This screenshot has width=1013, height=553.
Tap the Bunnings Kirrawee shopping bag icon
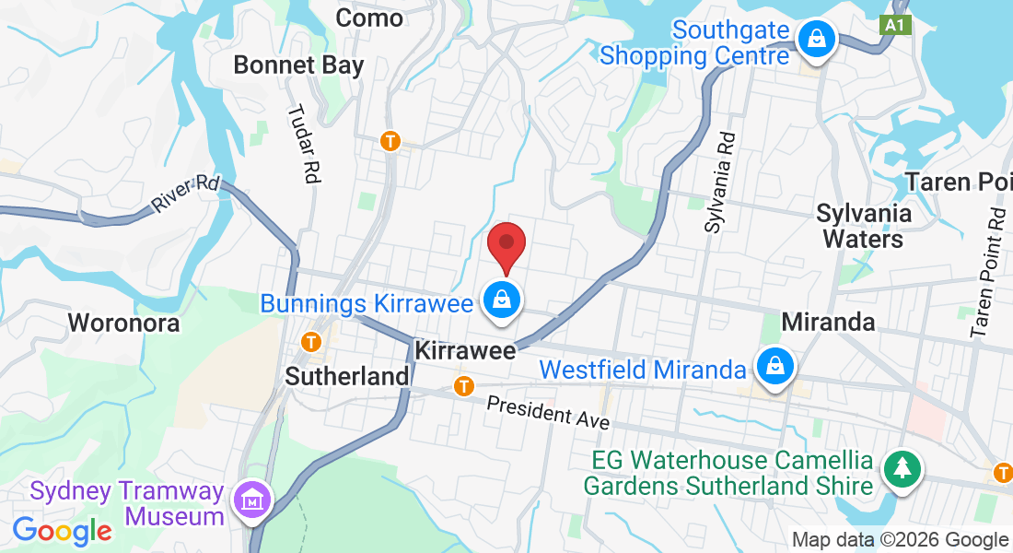[503, 300]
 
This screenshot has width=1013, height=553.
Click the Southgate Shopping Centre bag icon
[816, 39]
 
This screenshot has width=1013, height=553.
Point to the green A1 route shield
[896, 25]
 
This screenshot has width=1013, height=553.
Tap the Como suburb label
[369, 18]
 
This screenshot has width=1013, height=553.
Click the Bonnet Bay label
[298, 65]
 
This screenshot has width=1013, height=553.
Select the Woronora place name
[124, 324]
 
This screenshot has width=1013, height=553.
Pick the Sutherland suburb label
[347, 376]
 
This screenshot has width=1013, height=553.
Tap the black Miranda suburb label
[828, 322]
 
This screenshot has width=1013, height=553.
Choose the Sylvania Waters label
[864, 226]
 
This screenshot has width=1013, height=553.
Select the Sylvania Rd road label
[721, 181]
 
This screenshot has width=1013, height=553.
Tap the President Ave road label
[548, 411]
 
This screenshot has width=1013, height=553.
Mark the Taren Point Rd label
[986, 272]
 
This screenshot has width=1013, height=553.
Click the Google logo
[63, 530]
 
